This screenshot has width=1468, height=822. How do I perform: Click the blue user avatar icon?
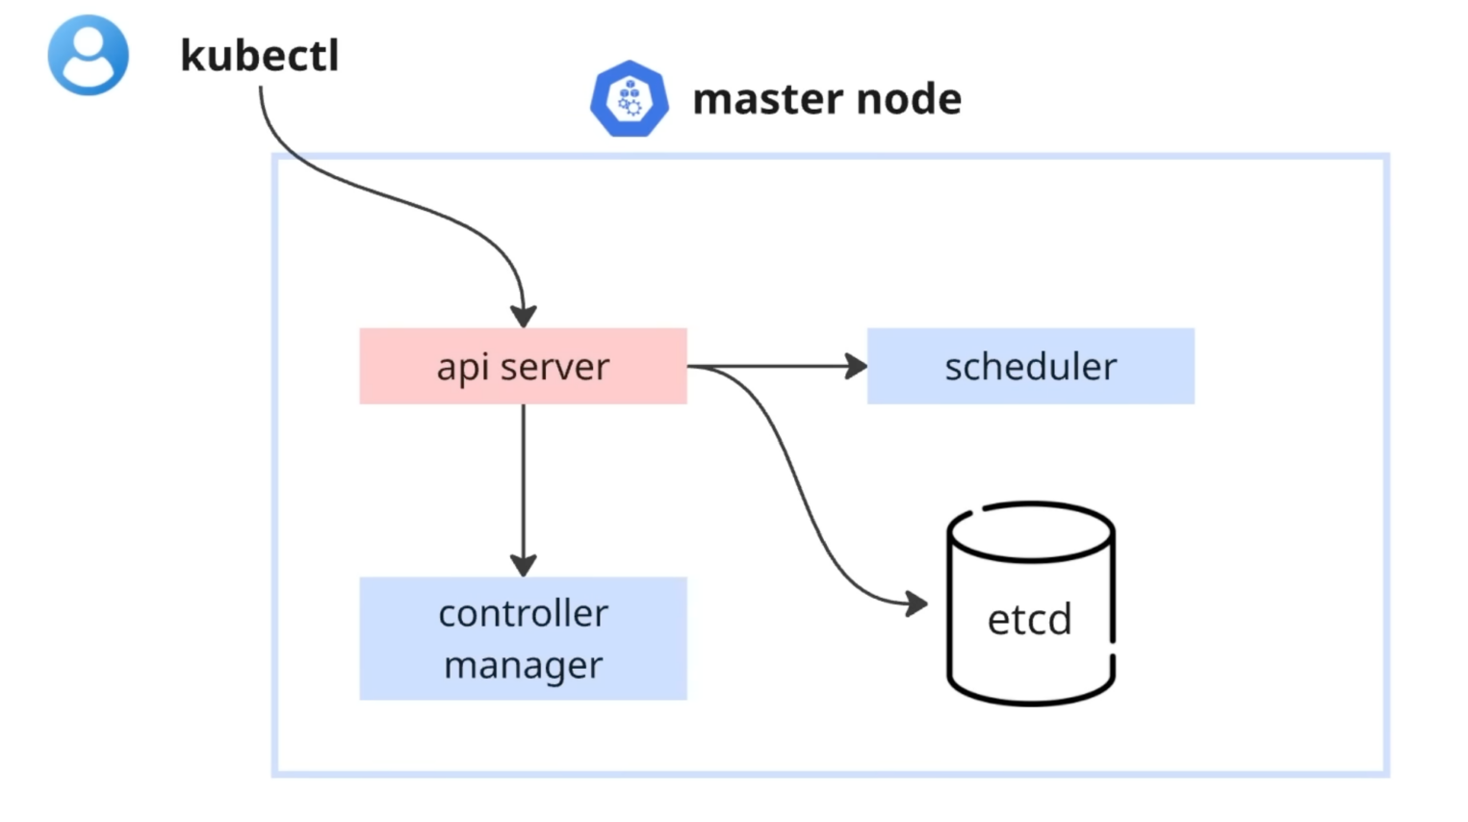(88, 55)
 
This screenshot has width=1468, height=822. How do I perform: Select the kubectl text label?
(259, 55)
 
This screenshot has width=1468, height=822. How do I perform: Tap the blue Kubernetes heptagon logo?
(630, 99)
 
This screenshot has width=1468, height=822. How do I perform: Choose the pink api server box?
(523, 366)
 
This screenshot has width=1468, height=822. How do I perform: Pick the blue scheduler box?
(1030, 366)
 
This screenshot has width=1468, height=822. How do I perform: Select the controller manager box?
(523, 638)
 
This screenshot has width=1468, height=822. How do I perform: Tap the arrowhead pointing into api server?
(524, 316)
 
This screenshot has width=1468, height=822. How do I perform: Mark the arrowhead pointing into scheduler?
(856, 367)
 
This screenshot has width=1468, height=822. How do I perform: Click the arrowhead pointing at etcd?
(916, 604)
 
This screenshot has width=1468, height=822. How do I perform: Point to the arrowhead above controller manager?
(524, 564)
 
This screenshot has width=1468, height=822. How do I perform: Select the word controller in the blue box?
(523, 613)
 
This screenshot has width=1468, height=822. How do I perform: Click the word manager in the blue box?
(523, 665)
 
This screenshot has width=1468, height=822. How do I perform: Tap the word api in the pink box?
(461, 367)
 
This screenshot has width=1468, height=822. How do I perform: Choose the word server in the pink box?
(554, 367)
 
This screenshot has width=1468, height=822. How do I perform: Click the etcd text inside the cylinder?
(1029, 619)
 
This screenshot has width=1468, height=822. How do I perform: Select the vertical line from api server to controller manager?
(524, 481)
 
